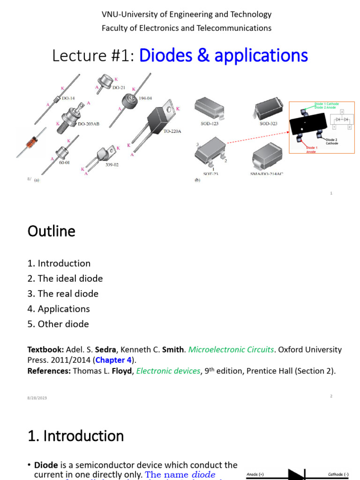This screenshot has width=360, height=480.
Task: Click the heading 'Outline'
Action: [51, 231]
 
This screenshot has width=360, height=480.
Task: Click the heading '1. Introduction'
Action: [75, 436]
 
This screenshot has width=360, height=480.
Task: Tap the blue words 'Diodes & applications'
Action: [224, 56]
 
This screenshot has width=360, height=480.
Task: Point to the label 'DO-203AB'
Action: [88, 124]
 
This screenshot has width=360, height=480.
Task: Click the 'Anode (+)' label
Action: [255, 474]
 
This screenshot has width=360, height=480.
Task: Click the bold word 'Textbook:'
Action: [45, 350]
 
